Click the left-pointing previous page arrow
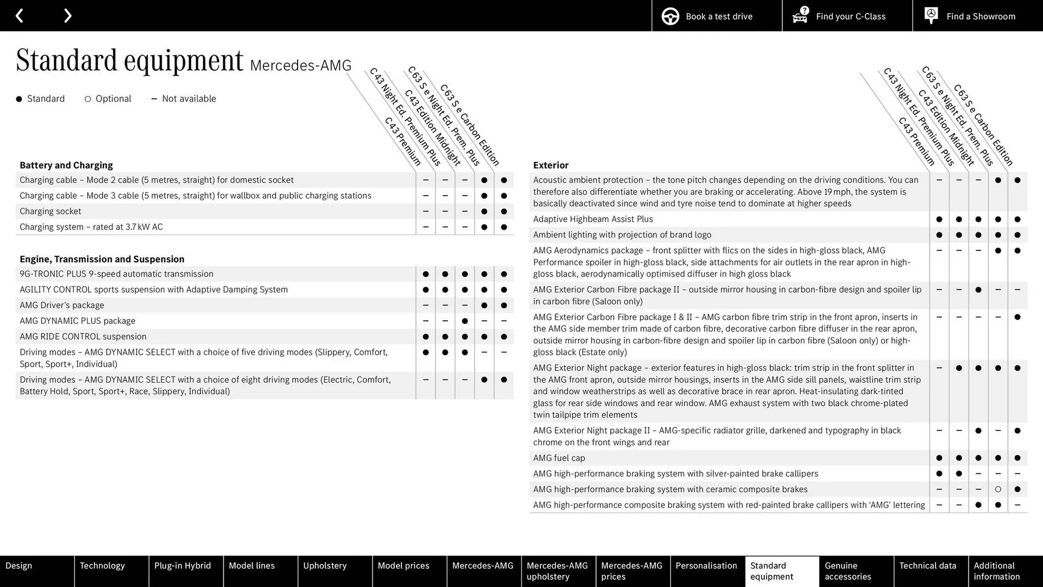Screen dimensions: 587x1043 pyautogui.click(x=19, y=16)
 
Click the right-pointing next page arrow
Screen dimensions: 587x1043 pyautogui.click(x=67, y=16)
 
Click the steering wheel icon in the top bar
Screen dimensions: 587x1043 pyautogui.click(x=670, y=16)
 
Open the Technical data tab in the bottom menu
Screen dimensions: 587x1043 pyautogui.click(x=928, y=566)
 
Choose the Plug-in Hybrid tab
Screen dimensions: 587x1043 pyautogui.click(x=183, y=566)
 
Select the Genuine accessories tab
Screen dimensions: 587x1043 pyautogui.click(x=847, y=571)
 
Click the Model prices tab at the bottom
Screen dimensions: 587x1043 pyautogui.click(x=403, y=566)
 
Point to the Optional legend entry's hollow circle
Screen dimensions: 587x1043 pyautogui.click(x=87, y=99)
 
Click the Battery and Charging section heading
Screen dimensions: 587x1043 pyautogui.click(x=66, y=165)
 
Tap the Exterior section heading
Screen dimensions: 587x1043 pyautogui.click(x=551, y=165)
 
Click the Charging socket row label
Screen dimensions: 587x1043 pyautogui.click(x=51, y=211)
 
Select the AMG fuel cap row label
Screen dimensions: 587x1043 pyautogui.click(x=559, y=458)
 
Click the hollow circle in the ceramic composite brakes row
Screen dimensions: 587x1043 pyautogui.click(x=998, y=490)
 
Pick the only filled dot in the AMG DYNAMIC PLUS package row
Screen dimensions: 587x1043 pyautogui.click(x=464, y=321)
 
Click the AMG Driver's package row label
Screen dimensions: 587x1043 pyautogui.click(x=62, y=305)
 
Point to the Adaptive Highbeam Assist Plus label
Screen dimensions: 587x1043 pyautogui.click(x=593, y=219)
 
